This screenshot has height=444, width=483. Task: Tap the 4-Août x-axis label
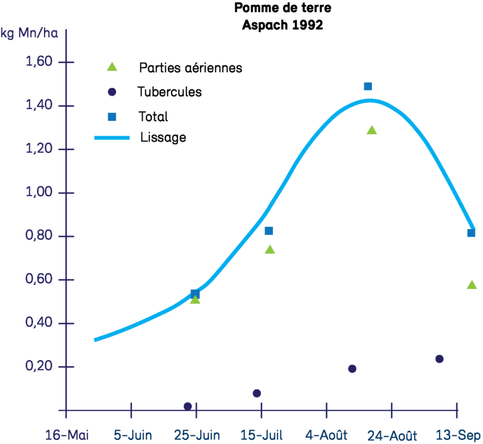pyautogui.click(x=327, y=434)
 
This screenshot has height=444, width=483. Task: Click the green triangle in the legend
pyautogui.click(x=112, y=67)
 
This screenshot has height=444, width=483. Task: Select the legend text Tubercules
pyautogui.click(x=169, y=92)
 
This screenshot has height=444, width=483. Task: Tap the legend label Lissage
pyautogui.click(x=163, y=137)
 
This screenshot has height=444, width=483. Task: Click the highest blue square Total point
pyautogui.click(x=368, y=86)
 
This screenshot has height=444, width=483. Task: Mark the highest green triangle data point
pyautogui.click(x=371, y=130)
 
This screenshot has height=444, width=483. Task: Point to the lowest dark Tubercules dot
pyautogui.click(x=188, y=406)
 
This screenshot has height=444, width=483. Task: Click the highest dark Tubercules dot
pyautogui.click(x=439, y=359)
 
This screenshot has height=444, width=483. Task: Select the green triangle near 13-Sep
pyautogui.click(x=472, y=285)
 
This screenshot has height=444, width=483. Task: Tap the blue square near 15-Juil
pyautogui.click(x=269, y=231)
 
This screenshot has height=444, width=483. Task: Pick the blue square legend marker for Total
pyautogui.click(x=112, y=116)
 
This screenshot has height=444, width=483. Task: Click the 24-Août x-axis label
pyautogui.click(x=392, y=434)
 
